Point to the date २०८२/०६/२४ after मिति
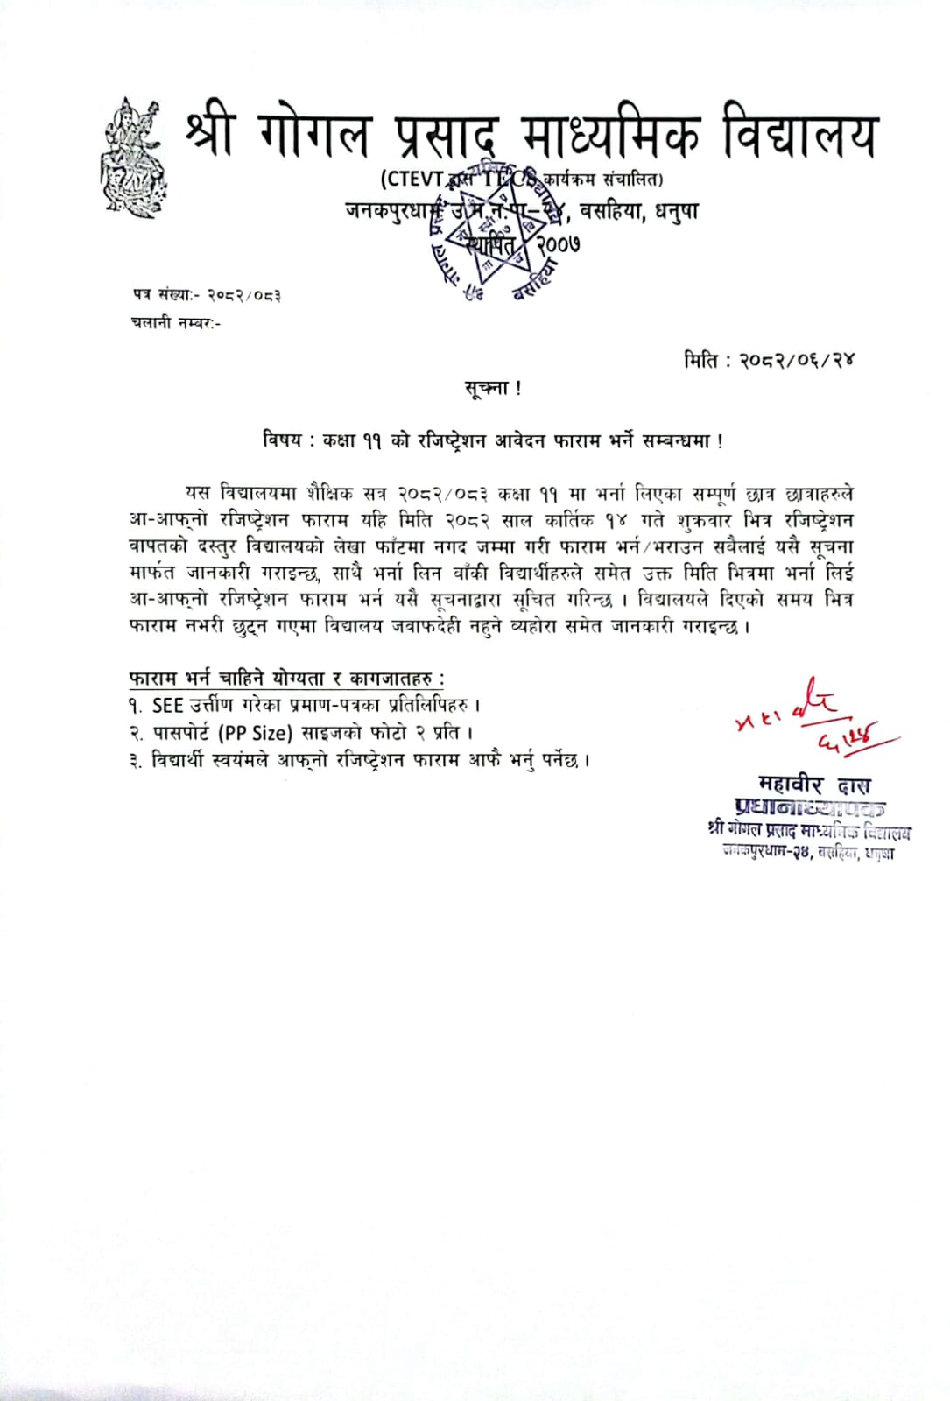[x=797, y=360]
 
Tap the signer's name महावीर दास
[x=814, y=785]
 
